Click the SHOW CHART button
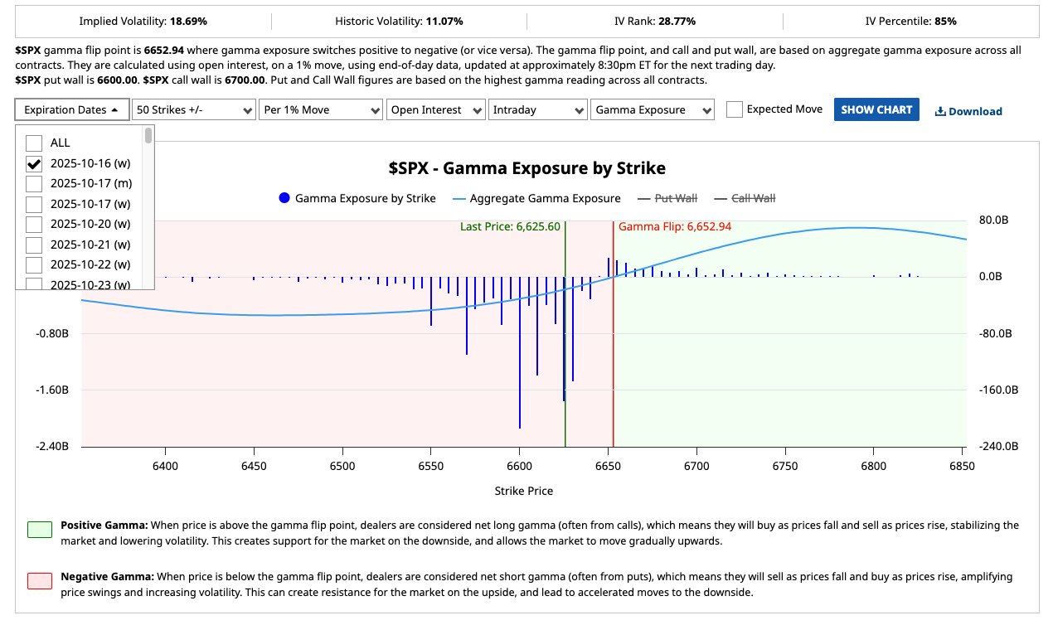876,109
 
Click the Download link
968,111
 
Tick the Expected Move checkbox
735,109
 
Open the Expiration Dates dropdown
71,109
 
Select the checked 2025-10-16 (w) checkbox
34,163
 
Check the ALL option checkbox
34,143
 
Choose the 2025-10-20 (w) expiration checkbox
34,224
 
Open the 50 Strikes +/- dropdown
194,109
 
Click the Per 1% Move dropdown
321,109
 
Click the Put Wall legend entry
667,198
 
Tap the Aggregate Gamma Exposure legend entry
536,198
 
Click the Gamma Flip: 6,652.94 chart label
675,226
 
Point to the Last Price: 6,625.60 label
510,226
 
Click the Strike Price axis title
523,491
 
